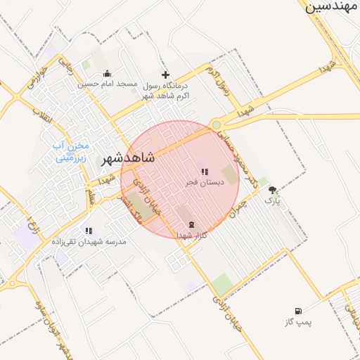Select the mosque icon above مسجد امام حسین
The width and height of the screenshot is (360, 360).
107,74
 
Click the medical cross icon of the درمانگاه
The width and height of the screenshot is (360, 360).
166,75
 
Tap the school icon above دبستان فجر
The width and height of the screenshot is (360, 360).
205,172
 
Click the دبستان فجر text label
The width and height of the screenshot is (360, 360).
205,182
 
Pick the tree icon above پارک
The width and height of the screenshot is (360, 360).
272,190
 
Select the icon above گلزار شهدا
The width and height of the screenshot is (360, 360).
191,225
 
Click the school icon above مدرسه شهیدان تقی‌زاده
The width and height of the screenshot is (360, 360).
89,231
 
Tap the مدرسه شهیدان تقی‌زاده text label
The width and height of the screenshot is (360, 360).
89,241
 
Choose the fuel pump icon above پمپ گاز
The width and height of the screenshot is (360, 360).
299,311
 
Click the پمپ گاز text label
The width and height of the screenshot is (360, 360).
299,322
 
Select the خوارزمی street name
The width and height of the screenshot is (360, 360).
39,77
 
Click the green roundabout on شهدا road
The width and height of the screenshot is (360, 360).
217,125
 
